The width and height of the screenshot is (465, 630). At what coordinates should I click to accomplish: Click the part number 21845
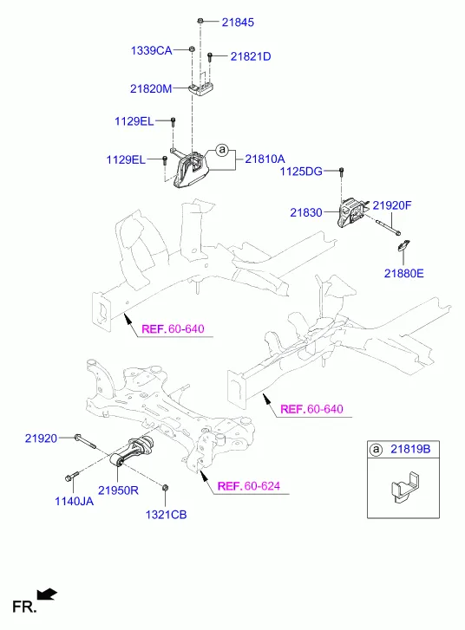tap(238, 23)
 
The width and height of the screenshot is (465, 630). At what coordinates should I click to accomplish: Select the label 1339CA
tap(151, 50)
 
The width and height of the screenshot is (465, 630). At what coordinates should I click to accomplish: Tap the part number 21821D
tap(251, 56)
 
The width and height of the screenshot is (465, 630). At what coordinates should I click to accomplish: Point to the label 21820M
tap(151, 88)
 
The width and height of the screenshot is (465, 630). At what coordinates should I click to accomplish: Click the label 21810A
tap(265, 159)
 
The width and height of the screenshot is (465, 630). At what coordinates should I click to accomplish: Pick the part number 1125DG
tap(301, 172)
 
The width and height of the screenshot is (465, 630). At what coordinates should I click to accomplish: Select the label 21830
tap(306, 212)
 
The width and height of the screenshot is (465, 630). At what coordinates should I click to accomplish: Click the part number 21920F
tap(392, 205)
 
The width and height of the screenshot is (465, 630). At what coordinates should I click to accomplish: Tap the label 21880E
tap(404, 274)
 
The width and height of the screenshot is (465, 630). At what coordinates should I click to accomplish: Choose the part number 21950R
tap(118, 490)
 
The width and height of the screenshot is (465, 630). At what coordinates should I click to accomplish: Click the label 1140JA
tap(74, 502)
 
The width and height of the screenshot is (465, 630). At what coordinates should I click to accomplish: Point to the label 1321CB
tap(166, 515)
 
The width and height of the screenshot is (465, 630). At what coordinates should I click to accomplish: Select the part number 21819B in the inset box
tap(410, 449)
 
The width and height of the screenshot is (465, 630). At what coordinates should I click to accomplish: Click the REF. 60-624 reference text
tap(249, 486)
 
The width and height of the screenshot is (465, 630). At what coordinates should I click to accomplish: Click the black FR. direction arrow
tap(47, 594)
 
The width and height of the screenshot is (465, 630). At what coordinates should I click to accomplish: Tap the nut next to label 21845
tap(200, 21)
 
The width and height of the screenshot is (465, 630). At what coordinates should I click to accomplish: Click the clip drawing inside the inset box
tap(405, 488)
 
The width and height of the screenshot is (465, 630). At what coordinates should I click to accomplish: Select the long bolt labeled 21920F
tap(388, 227)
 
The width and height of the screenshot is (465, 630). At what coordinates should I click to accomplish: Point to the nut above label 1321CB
tap(165, 488)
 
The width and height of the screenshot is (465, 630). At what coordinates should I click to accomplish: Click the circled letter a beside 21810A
tap(221, 150)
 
